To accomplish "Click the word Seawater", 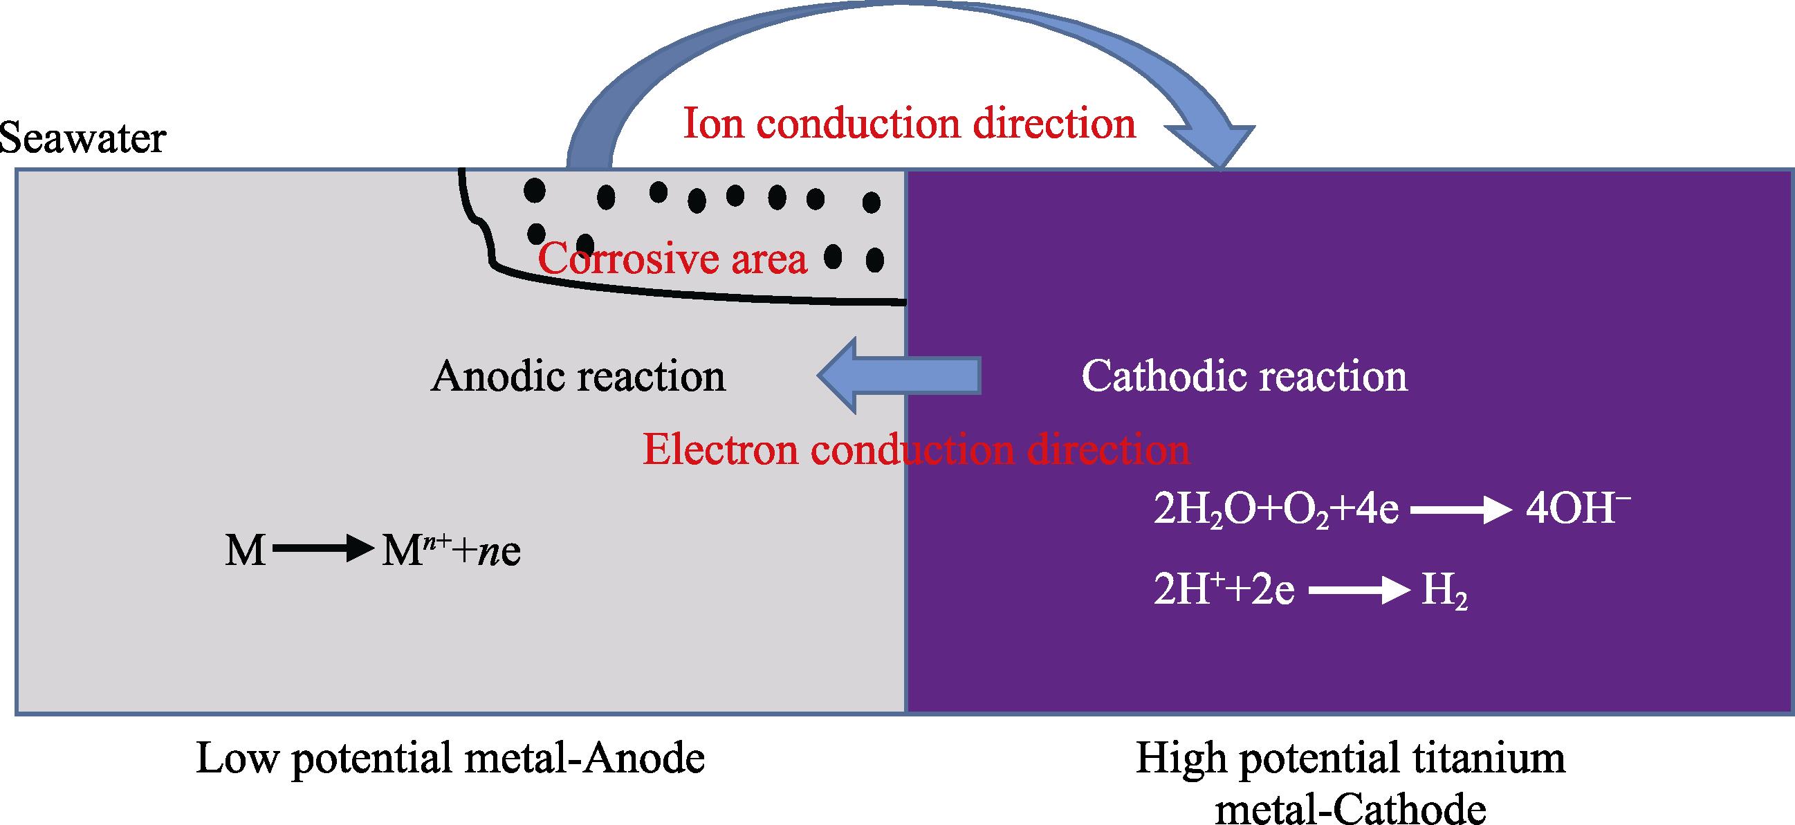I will (82, 139).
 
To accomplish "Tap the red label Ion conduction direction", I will (910, 123).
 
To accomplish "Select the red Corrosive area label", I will (672, 259).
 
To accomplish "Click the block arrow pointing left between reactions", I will (899, 376).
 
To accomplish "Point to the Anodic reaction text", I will (578, 377).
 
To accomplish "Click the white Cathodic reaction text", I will (1244, 377).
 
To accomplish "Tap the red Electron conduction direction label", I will (916, 449).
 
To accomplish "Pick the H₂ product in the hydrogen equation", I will (1444, 593).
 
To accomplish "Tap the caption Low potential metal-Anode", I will (450, 758).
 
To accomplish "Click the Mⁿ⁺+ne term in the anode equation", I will (452, 551).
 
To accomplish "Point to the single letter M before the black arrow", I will (246, 552).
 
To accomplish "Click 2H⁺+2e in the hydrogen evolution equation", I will (1224, 591).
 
